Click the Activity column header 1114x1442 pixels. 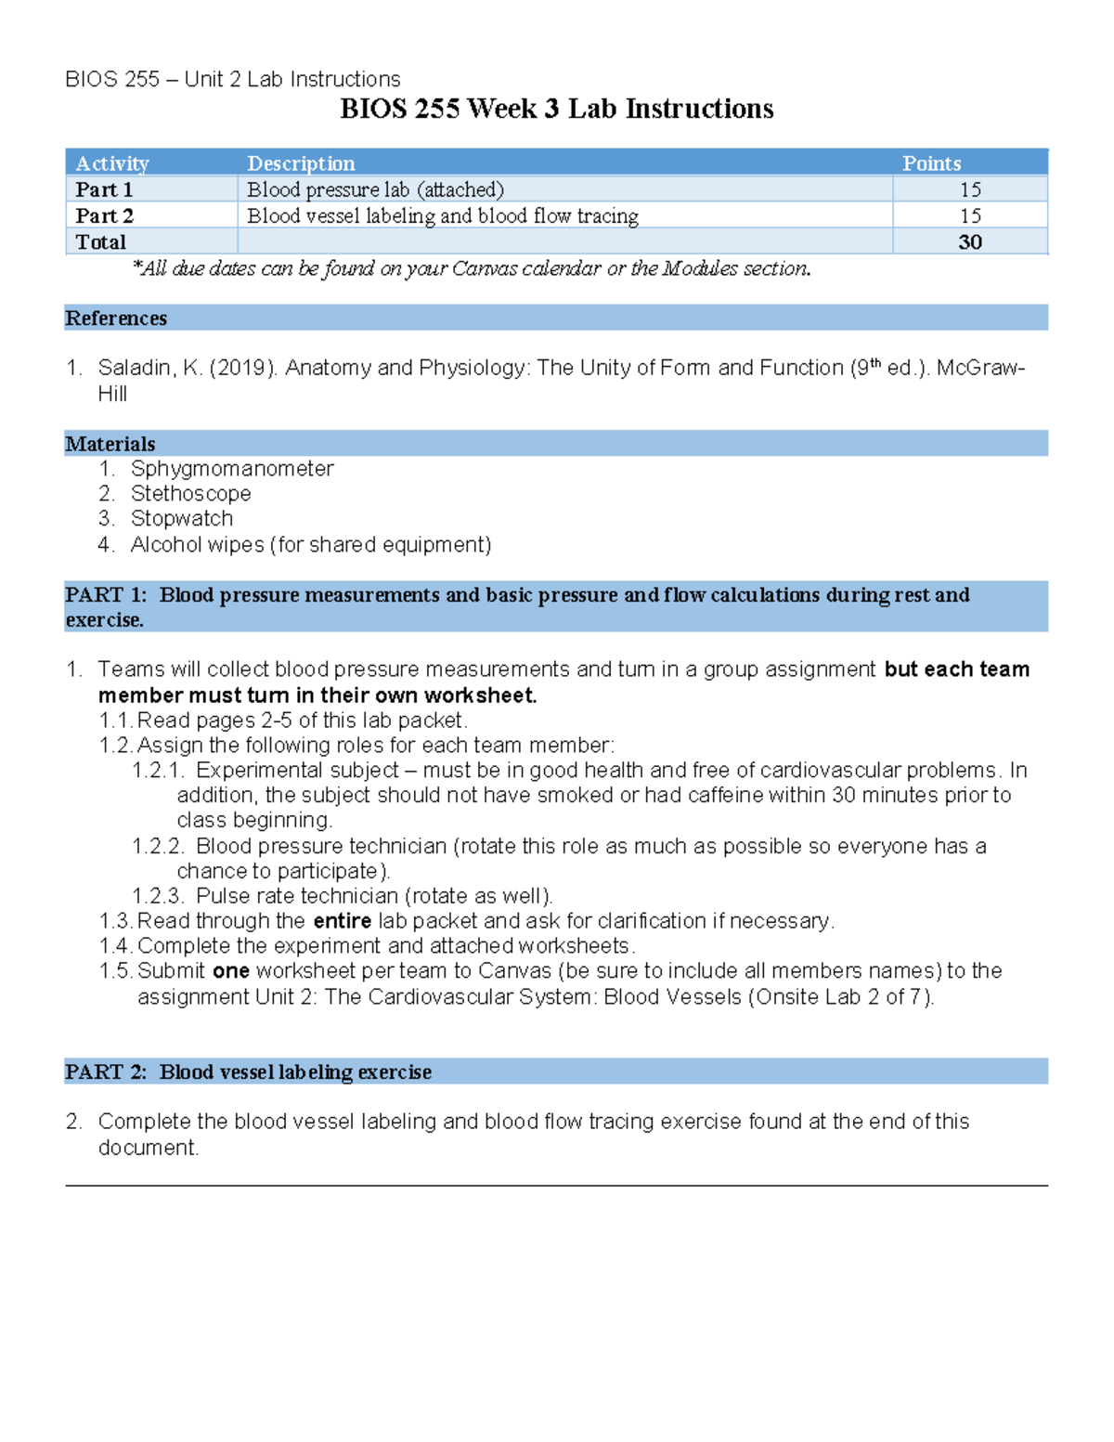[112, 163]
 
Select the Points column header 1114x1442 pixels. [931, 163]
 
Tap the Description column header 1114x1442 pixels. [301, 163]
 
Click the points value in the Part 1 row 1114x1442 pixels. [970, 189]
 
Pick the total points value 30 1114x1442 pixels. [970, 242]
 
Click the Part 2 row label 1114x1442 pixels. [104, 215]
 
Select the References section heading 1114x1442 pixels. [116, 318]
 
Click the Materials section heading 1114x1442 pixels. [110, 444]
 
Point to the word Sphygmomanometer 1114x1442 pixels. [232, 469]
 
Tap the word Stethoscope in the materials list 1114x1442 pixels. [190, 494]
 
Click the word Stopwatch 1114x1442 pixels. [182, 518]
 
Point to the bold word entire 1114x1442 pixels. [343, 921]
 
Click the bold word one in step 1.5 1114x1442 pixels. [230, 971]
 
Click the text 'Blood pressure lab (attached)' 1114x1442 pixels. [375, 189]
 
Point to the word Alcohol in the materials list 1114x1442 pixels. [164, 544]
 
